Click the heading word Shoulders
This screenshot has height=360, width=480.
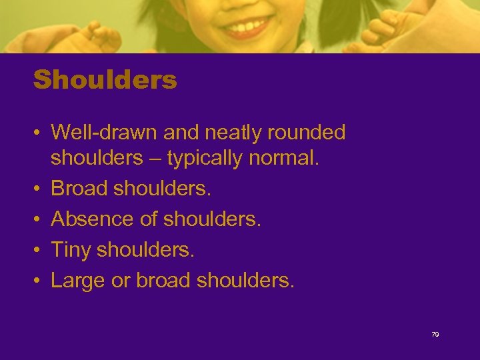coord(105,81)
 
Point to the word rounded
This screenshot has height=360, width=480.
coord(307,133)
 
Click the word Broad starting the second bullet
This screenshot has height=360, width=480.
coord(79,188)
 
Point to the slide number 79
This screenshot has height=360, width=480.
coord(435,335)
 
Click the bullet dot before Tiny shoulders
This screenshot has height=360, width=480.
coord(37,249)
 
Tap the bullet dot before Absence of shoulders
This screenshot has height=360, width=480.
coord(37,219)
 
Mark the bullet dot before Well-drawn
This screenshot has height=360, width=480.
coord(37,133)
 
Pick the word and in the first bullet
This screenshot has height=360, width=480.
coord(181,133)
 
